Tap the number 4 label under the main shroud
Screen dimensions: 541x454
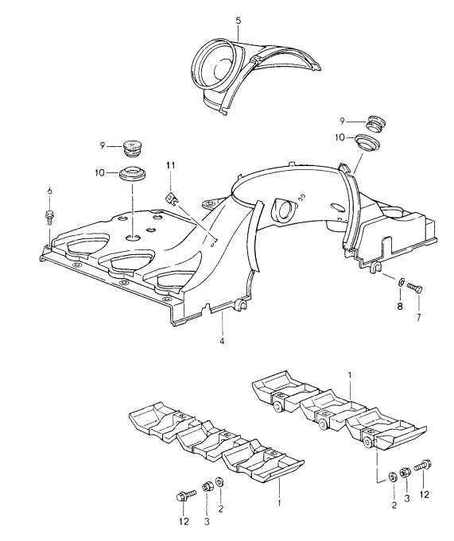(223, 342)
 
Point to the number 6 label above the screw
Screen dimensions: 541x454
(49, 191)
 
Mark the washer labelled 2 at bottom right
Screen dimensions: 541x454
(392, 477)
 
